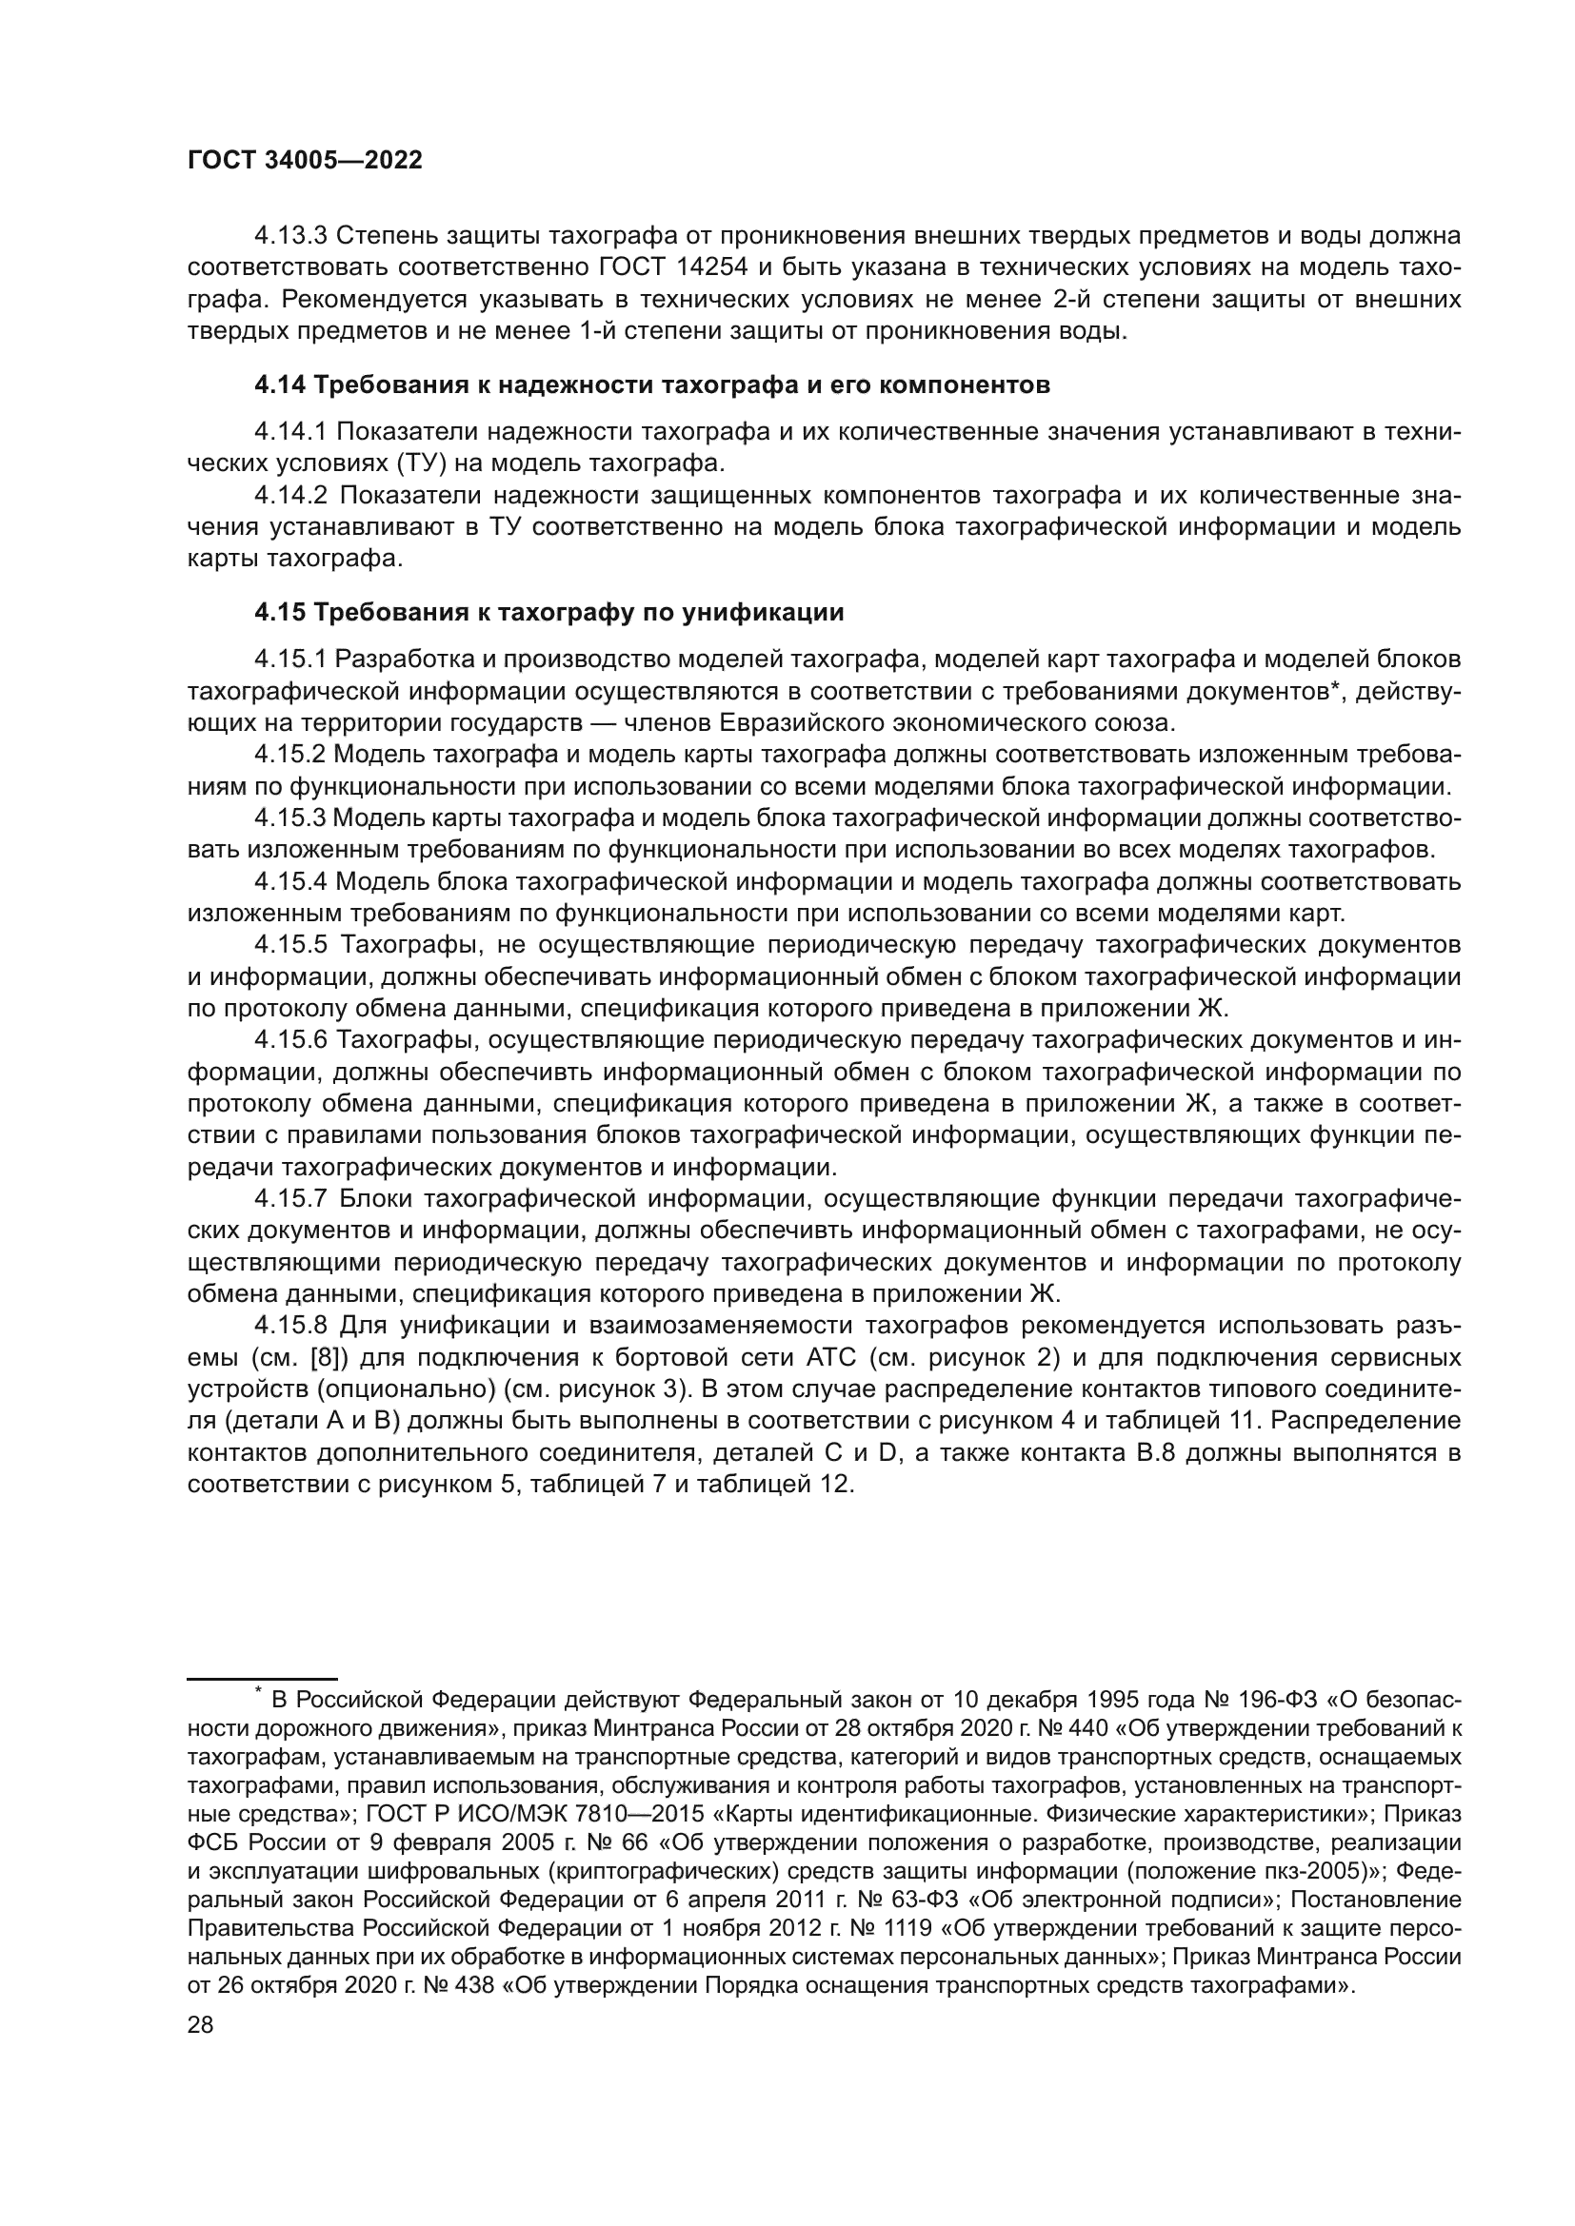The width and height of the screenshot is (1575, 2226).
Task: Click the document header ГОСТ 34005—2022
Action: pos(305,161)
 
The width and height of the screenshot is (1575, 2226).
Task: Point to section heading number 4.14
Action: pos(279,385)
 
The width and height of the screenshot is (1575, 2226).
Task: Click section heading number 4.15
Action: pos(279,613)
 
